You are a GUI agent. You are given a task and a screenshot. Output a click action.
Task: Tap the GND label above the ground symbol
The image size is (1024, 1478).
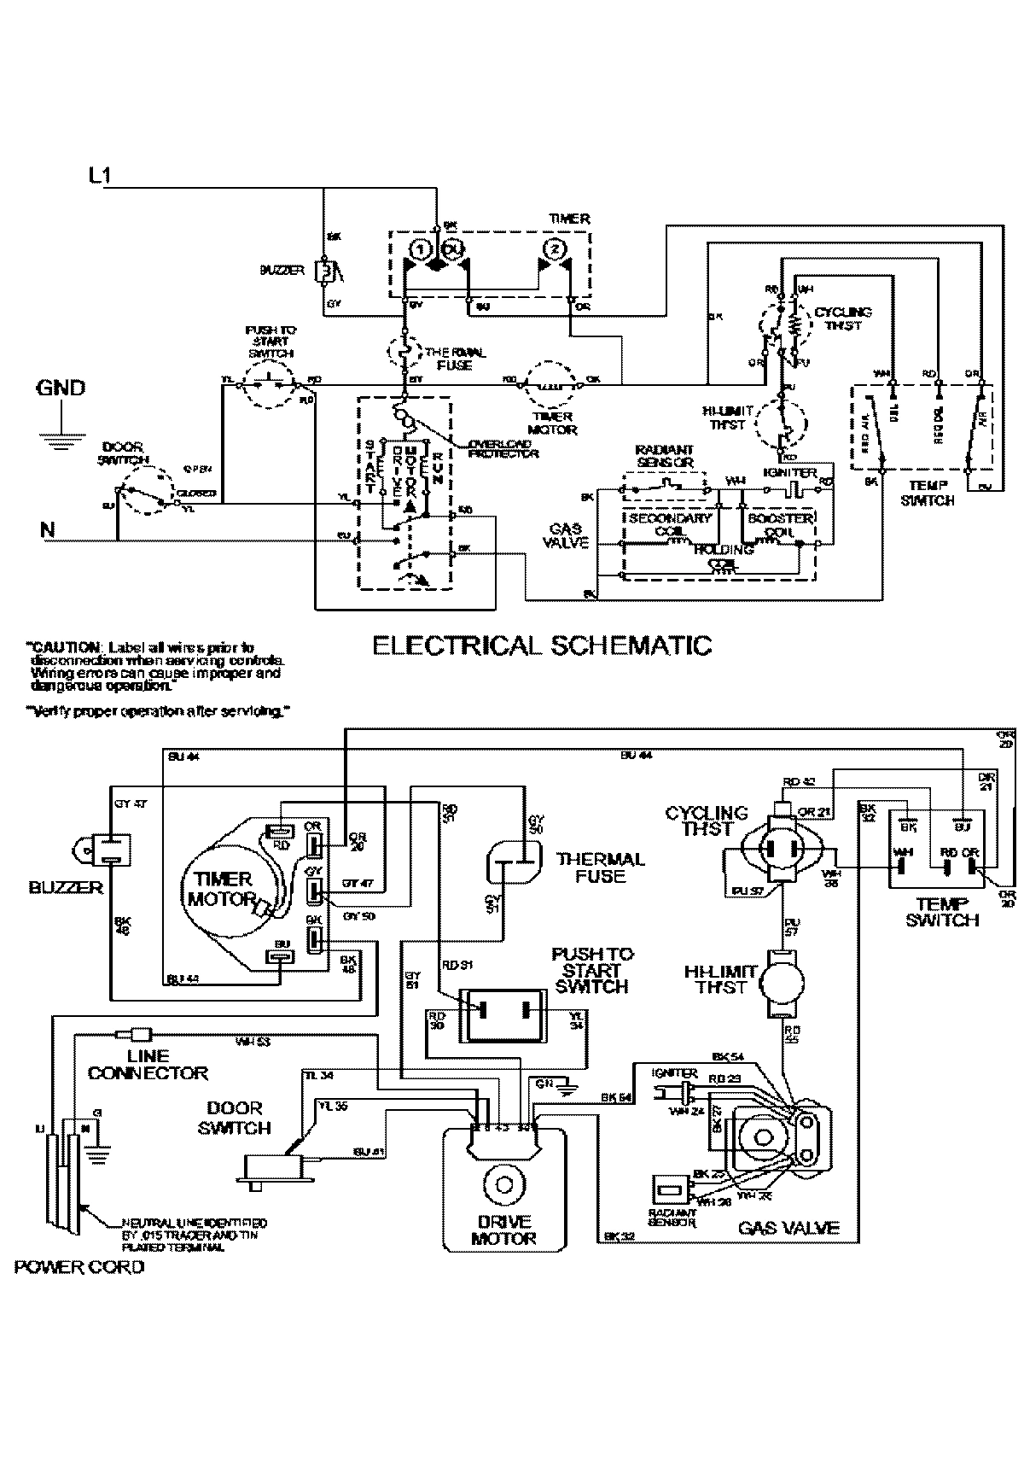(60, 388)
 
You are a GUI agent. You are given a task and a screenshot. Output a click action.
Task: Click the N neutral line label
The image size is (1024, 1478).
(48, 530)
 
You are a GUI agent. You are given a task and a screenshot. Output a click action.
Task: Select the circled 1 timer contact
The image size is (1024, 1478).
(419, 249)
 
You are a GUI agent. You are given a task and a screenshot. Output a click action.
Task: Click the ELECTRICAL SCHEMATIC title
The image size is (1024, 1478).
(542, 645)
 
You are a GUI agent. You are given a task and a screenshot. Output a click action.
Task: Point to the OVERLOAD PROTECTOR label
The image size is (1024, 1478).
(503, 448)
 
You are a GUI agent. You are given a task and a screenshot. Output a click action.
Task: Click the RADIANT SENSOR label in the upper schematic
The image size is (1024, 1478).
(665, 456)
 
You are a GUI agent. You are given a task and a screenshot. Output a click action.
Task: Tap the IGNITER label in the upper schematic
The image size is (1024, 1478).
(789, 472)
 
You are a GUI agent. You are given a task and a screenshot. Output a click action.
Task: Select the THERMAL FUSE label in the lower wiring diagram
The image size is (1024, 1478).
(601, 868)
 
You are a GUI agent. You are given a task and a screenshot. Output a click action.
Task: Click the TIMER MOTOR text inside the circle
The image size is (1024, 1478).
(220, 888)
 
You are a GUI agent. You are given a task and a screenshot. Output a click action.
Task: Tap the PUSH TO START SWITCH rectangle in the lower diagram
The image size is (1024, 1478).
(503, 1015)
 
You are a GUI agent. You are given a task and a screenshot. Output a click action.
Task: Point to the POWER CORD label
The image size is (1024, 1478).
(79, 1266)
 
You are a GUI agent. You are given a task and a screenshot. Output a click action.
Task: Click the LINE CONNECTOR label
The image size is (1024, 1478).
(148, 1065)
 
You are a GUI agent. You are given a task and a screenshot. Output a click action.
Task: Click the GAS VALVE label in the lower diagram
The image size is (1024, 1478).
(788, 1228)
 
